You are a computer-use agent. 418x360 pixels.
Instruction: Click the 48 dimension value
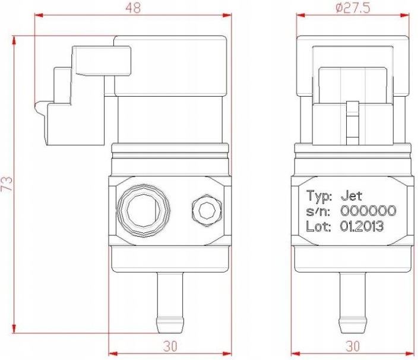[x=133, y=8]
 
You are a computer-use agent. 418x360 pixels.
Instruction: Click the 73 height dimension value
[x=7, y=183]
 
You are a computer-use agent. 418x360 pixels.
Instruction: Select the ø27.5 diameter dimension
[x=353, y=8]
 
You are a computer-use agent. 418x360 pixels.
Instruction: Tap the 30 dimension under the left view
[x=170, y=346]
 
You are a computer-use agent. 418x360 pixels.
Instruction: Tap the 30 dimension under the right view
[x=353, y=346]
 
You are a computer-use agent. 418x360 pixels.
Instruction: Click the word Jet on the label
[x=351, y=196]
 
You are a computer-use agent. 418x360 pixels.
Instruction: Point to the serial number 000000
[x=368, y=211]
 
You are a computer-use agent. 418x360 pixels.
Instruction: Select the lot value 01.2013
[x=362, y=227]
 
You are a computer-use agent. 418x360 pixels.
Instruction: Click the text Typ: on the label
[x=319, y=196]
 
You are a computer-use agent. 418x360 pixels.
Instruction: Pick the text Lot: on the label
[x=319, y=227]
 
